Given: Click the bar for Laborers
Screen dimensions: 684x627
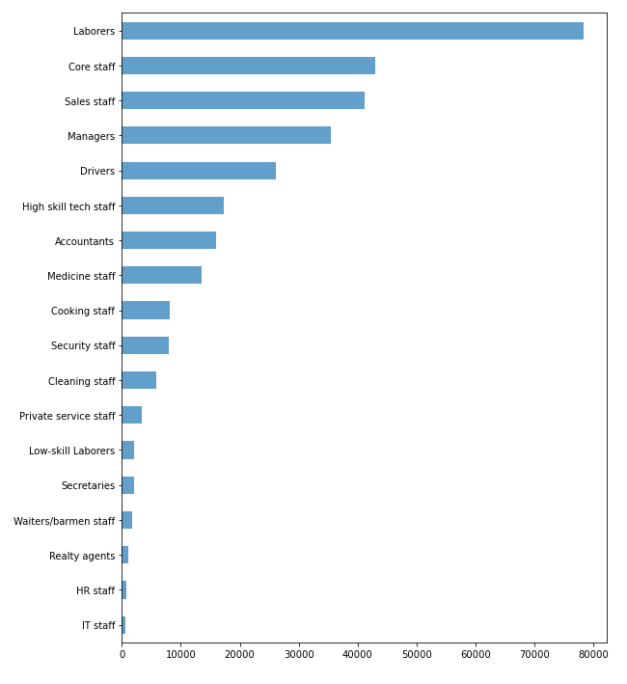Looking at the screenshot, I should (x=352, y=31).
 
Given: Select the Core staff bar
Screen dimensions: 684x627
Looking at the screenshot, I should (x=248, y=66).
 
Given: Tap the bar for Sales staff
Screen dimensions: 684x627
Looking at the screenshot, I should (x=243, y=100).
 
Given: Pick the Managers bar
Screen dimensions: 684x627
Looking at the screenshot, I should (x=226, y=135).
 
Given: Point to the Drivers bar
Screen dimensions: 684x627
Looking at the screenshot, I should (x=199, y=171).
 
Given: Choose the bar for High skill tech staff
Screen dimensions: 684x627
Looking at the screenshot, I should (x=173, y=205).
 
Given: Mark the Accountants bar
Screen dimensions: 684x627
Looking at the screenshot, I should (x=169, y=240).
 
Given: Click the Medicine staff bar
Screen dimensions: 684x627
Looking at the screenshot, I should (x=161, y=275).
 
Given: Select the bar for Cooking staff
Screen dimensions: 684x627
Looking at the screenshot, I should (x=146, y=310).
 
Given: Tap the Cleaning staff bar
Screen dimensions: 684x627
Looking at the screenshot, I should (x=139, y=380).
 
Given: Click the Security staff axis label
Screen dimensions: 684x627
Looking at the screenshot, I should (x=83, y=345).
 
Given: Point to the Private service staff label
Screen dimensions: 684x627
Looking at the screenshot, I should (x=67, y=416).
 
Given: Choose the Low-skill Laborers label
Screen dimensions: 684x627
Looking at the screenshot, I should (x=71, y=451).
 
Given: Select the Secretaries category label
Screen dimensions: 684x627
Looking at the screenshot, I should (x=88, y=485).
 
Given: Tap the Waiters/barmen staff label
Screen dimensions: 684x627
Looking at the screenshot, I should (x=64, y=521).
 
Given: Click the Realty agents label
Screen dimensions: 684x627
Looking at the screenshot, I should (x=82, y=556).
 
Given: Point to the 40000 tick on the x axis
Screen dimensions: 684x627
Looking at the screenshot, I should (x=358, y=654).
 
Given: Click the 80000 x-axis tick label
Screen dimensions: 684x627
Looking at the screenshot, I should (x=593, y=654).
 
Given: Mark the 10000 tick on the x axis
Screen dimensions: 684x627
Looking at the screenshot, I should (x=180, y=654).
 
